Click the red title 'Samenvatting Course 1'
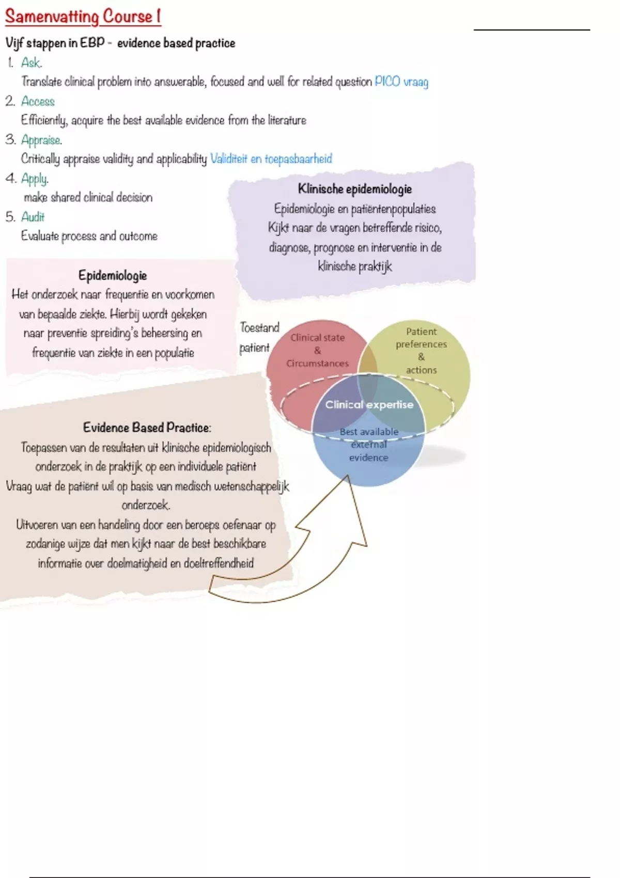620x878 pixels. point(83,17)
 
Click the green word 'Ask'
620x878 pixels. point(30,62)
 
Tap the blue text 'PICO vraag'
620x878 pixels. point(401,82)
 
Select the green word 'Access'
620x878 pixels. point(38,101)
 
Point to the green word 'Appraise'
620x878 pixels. point(41,140)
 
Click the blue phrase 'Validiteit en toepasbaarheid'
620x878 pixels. point(271,159)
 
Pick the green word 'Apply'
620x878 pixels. point(35,179)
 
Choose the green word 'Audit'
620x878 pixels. point(33,217)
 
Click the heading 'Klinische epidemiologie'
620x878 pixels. point(354,189)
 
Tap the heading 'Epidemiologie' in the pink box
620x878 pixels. point(113,276)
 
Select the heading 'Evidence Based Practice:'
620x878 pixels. point(147,427)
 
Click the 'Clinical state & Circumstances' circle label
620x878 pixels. point(317,350)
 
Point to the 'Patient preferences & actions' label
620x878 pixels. point(421,350)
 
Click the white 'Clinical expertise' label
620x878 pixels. point(369,404)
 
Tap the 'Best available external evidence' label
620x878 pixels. point(368,445)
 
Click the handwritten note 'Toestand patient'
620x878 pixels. point(259,337)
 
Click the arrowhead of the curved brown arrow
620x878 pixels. point(348,476)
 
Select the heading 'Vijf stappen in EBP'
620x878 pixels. point(55,43)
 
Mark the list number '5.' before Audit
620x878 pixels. point(10,217)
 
